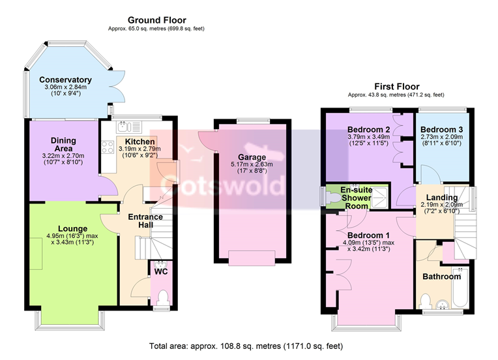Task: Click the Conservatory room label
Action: click(x=65, y=80)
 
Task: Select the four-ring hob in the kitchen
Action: click(x=108, y=147)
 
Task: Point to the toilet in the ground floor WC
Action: click(x=163, y=297)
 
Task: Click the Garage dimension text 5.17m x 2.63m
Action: click(x=252, y=164)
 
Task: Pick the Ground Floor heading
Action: click(x=157, y=20)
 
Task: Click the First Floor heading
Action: click(x=397, y=87)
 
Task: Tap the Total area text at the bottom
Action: click(x=246, y=346)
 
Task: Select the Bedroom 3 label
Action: click(x=441, y=130)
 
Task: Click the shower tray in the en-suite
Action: click(x=379, y=198)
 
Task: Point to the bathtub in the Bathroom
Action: click(x=460, y=287)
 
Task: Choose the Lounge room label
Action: click(x=73, y=229)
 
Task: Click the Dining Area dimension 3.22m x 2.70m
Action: click(x=63, y=156)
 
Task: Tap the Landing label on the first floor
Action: click(x=442, y=198)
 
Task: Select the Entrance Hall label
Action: click(x=145, y=221)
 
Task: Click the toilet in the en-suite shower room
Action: click(x=332, y=198)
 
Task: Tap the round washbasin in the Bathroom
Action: click(x=442, y=305)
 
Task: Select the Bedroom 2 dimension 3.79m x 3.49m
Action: click(x=368, y=137)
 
